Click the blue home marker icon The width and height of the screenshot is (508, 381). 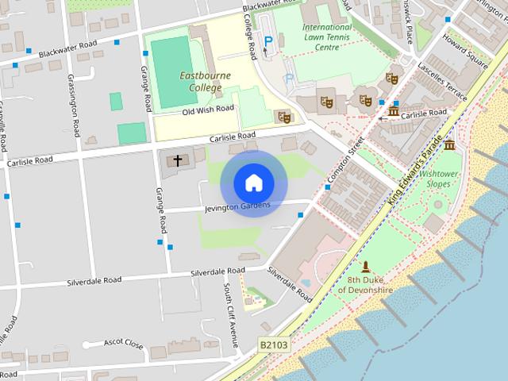coord(253,183)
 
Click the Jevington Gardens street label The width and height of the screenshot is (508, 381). coord(237,207)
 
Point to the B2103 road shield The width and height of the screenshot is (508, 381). coord(272,345)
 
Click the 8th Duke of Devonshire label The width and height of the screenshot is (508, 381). coord(366,285)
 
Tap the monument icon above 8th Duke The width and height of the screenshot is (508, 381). coord(366,266)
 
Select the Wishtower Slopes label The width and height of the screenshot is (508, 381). coord(439,178)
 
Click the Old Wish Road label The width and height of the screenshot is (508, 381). coord(208,110)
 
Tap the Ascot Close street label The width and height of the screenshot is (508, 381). coord(123,344)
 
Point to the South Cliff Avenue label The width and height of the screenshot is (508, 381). coord(230,316)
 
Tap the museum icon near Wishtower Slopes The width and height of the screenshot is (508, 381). coord(450,145)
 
